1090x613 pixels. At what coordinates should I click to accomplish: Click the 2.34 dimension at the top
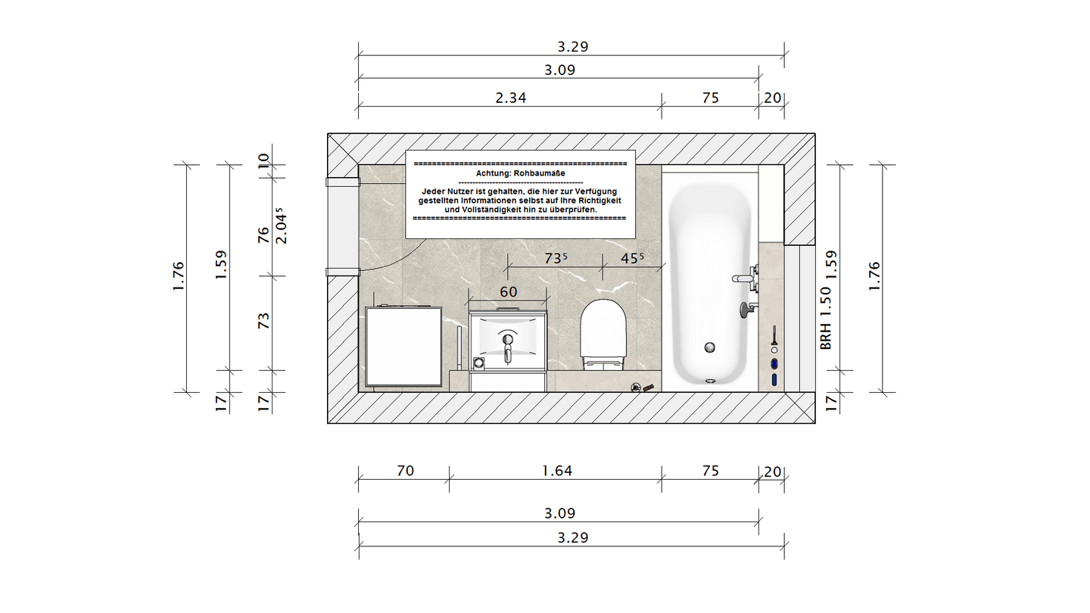click(x=510, y=98)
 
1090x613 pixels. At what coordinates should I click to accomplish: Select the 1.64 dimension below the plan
click(x=557, y=471)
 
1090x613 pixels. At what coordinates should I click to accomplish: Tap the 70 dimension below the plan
click(x=406, y=471)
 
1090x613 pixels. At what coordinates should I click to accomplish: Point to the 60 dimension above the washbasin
click(x=509, y=292)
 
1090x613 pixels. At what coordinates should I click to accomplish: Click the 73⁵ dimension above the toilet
click(x=556, y=258)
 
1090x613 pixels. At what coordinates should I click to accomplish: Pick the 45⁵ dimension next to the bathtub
click(x=631, y=258)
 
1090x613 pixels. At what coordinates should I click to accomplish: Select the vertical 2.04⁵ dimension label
click(x=281, y=226)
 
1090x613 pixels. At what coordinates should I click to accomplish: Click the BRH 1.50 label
click(x=826, y=318)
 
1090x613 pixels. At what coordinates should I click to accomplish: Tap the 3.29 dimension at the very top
click(x=573, y=47)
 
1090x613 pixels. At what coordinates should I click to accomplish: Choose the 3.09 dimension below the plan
click(x=559, y=513)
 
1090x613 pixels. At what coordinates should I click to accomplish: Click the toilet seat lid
click(x=603, y=329)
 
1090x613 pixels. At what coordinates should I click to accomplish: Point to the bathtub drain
click(x=710, y=347)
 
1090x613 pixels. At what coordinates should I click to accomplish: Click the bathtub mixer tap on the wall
click(x=746, y=278)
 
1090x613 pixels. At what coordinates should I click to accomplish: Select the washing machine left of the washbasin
click(x=403, y=347)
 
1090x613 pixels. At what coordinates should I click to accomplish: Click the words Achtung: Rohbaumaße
click(x=520, y=173)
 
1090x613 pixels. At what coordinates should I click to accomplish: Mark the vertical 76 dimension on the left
click(x=263, y=235)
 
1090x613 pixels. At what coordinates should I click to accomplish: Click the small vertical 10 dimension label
click(x=263, y=160)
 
